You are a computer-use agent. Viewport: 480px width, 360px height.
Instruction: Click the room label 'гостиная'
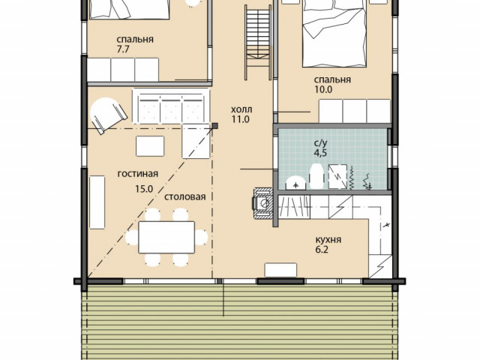138,174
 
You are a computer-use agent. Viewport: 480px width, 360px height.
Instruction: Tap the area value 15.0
144,189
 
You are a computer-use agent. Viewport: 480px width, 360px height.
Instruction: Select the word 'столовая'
185,196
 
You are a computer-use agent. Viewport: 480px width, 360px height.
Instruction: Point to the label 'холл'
241,109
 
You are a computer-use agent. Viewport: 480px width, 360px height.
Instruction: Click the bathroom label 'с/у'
321,142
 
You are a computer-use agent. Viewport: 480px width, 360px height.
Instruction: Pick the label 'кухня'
328,239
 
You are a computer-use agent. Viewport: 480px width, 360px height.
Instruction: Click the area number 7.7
123,49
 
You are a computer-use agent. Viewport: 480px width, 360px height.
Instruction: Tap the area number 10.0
323,89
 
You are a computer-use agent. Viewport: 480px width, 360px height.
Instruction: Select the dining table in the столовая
166,237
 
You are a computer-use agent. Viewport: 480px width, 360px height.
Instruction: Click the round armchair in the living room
108,115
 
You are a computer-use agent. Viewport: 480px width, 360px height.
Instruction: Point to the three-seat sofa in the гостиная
171,106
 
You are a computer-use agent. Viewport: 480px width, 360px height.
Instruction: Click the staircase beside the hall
258,42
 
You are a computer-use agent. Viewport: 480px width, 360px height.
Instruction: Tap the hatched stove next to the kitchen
262,203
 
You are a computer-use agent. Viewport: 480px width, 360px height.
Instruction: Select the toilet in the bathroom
295,183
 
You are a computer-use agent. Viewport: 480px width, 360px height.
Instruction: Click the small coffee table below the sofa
150,146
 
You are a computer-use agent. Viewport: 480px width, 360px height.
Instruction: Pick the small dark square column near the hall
215,125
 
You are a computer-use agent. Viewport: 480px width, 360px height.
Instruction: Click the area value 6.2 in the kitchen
322,250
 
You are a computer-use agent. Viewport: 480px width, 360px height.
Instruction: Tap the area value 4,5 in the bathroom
320,152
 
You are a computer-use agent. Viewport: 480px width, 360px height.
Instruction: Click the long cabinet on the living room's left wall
97,202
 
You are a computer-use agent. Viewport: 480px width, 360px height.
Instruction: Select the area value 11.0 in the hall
240,119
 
